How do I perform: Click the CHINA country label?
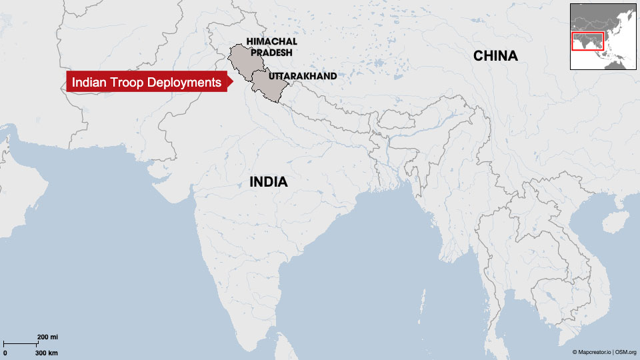(x=495, y=56)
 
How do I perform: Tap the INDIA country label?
(x=268, y=181)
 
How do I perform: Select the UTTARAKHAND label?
(x=302, y=76)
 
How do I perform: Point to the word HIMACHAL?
(x=271, y=41)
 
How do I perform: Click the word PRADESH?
(x=271, y=53)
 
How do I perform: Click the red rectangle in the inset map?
(x=587, y=41)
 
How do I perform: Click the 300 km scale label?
(x=47, y=352)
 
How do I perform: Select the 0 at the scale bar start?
(x=5, y=352)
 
